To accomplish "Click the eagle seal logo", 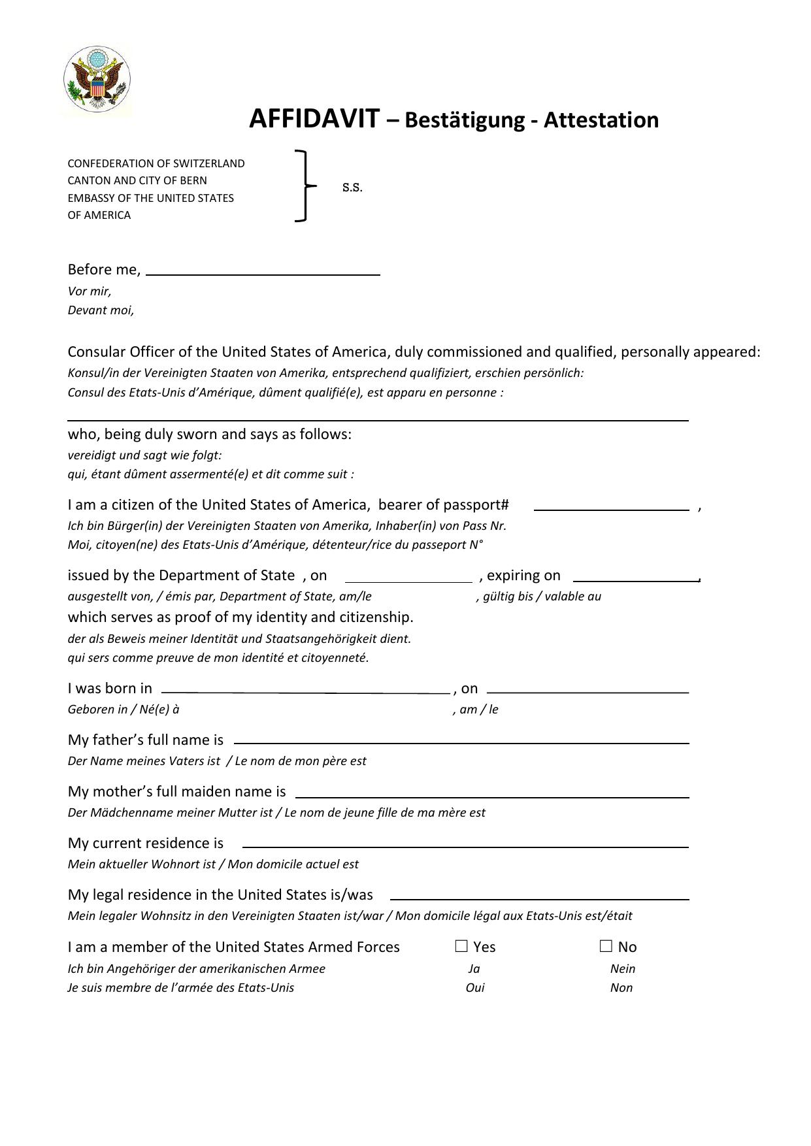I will (x=97, y=80).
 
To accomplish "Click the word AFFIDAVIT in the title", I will (x=314, y=120).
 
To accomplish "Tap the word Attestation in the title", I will (x=601, y=120).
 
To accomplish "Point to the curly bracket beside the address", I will (x=303, y=186).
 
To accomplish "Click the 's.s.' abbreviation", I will (x=352, y=188).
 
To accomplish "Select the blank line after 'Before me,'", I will (x=263, y=270).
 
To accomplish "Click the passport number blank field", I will (x=611, y=505).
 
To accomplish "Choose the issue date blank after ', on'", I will (x=408, y=576).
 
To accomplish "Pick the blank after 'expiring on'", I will (x=636, y=576).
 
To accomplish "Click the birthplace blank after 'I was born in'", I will (x=305, y=688).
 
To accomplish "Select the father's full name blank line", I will (x=461, y=739).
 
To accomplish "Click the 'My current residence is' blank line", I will (x=465, y=843).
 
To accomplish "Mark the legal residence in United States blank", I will (x=539, y=895).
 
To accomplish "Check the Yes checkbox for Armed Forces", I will (x=462, y=946).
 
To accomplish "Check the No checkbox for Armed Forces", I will (x=606, y=946).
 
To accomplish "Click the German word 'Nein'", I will (x=623, y=969).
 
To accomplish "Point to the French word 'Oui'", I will (x=475, y=988).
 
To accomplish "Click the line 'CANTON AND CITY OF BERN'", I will (x=137, y=181).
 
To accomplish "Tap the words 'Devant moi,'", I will (x=101, y=310).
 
